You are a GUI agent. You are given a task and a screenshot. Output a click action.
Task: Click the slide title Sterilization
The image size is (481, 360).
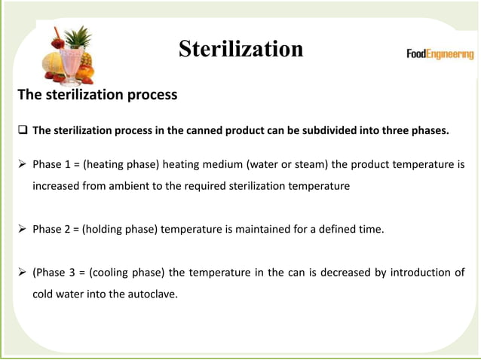240,50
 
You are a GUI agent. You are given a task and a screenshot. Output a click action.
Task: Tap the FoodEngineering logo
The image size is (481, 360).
440,54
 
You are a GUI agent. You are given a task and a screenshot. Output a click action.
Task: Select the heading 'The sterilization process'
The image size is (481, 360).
97,96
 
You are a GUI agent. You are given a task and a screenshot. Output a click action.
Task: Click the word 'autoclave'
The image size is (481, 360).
149,294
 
